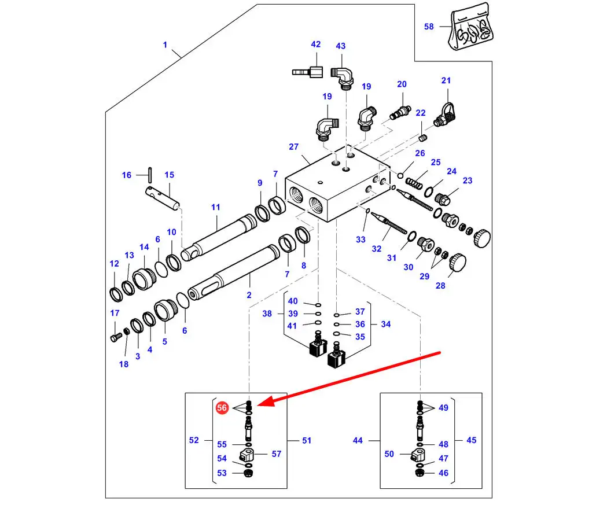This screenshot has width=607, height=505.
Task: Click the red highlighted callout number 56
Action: pyautogui.click(x=222, y=407)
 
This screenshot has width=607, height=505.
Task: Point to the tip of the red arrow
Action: pyautogui.click(x=257, y=405)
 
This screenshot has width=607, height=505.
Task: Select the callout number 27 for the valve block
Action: pyautogui.click(x=294, y=147)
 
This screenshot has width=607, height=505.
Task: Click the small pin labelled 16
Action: pyautogui.click(x=150, y=175)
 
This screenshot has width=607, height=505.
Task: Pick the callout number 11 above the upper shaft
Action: pyautogui.click(x=216, y=208)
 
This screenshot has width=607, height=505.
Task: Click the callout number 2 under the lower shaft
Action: pyautogui.click(x=249, y=295)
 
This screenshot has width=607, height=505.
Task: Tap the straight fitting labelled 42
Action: pyautogui.click(x=308, y=72)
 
